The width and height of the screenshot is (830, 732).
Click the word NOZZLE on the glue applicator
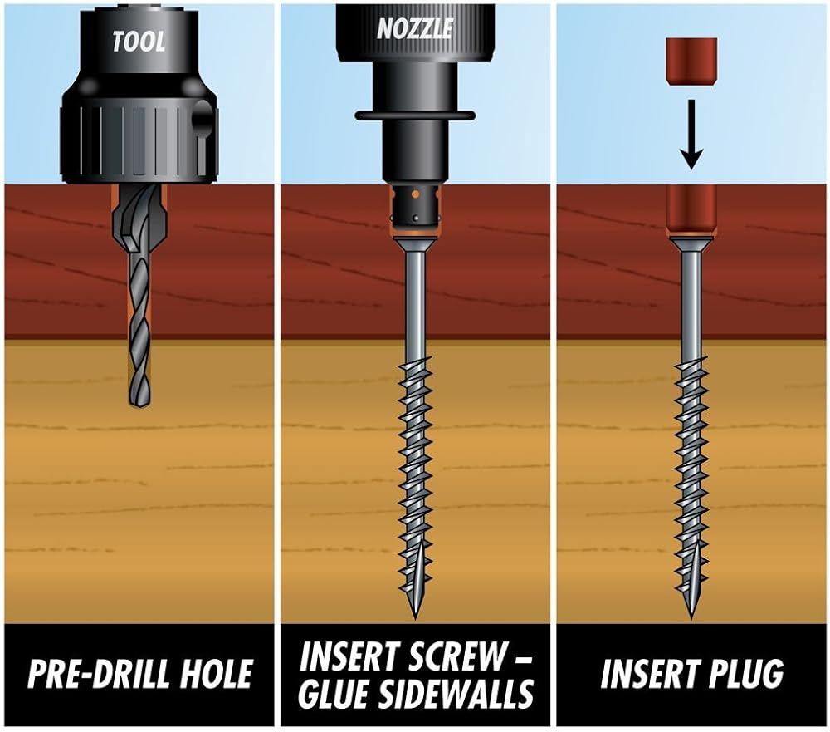[415, 28]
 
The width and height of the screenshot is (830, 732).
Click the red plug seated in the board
[691, 211]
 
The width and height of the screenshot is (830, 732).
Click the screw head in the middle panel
[416, 246]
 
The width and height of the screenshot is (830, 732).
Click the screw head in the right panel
[691, 244]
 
